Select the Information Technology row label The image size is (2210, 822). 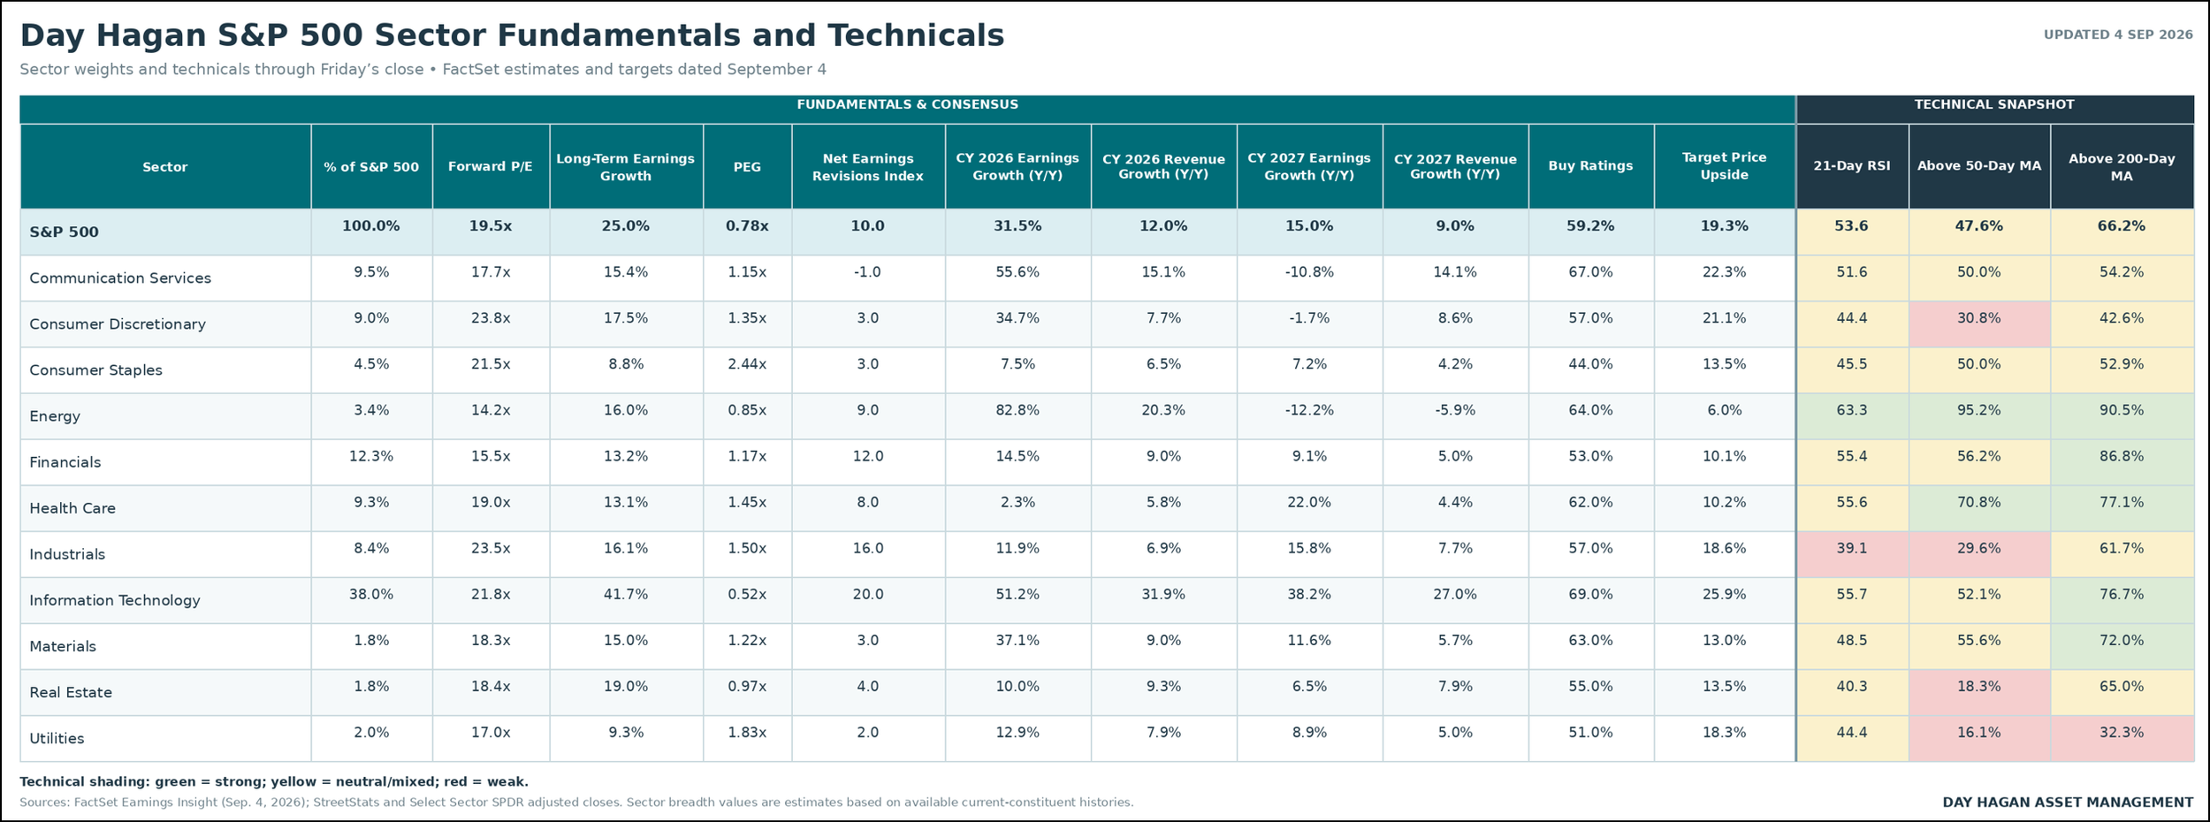[x=114, y=600]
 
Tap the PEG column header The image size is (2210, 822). [x=747, y=166]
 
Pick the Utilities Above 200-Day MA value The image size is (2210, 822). [x=2121, y=733]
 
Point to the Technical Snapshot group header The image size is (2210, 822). [x=1994, y=104]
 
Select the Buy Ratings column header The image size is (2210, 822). [x=1590, y=165]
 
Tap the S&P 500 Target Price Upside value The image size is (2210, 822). [x=1724, y=226]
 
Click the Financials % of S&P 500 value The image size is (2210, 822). [x=370, y=456]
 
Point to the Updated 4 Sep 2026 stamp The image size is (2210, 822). [x=2118, y=34]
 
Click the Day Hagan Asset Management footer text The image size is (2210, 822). [x=2068, y=803]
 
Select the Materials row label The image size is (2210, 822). [x=63, y=646]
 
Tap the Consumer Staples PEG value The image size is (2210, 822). [x=747, y=364]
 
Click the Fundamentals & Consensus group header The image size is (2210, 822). [x=907, y=104]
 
